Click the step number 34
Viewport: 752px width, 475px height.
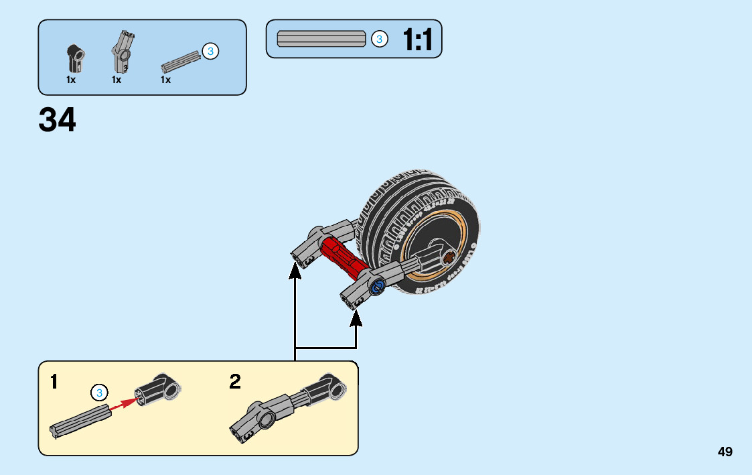[58, 120]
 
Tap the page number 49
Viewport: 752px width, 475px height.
[725, 452]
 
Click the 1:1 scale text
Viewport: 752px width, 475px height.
[418, 40]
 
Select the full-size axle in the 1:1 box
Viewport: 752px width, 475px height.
[321, 39]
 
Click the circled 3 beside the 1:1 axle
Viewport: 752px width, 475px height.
[379, 40]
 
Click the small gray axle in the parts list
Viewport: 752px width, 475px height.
[180, 61]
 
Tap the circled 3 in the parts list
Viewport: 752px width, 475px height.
[210, 51]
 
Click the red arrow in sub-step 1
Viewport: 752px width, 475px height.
[123, 403]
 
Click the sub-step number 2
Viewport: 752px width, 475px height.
[235, 383]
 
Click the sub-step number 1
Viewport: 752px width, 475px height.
[54, 383]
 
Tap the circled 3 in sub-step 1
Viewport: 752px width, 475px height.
[99, 393]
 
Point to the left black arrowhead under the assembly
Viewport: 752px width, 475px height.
[295, 271]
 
